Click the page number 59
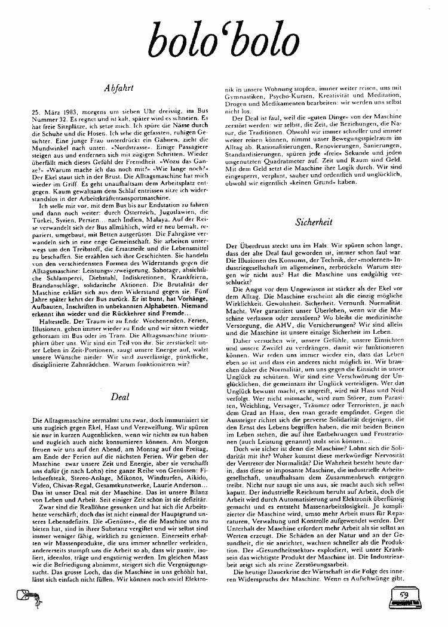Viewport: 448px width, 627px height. (404, 595)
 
